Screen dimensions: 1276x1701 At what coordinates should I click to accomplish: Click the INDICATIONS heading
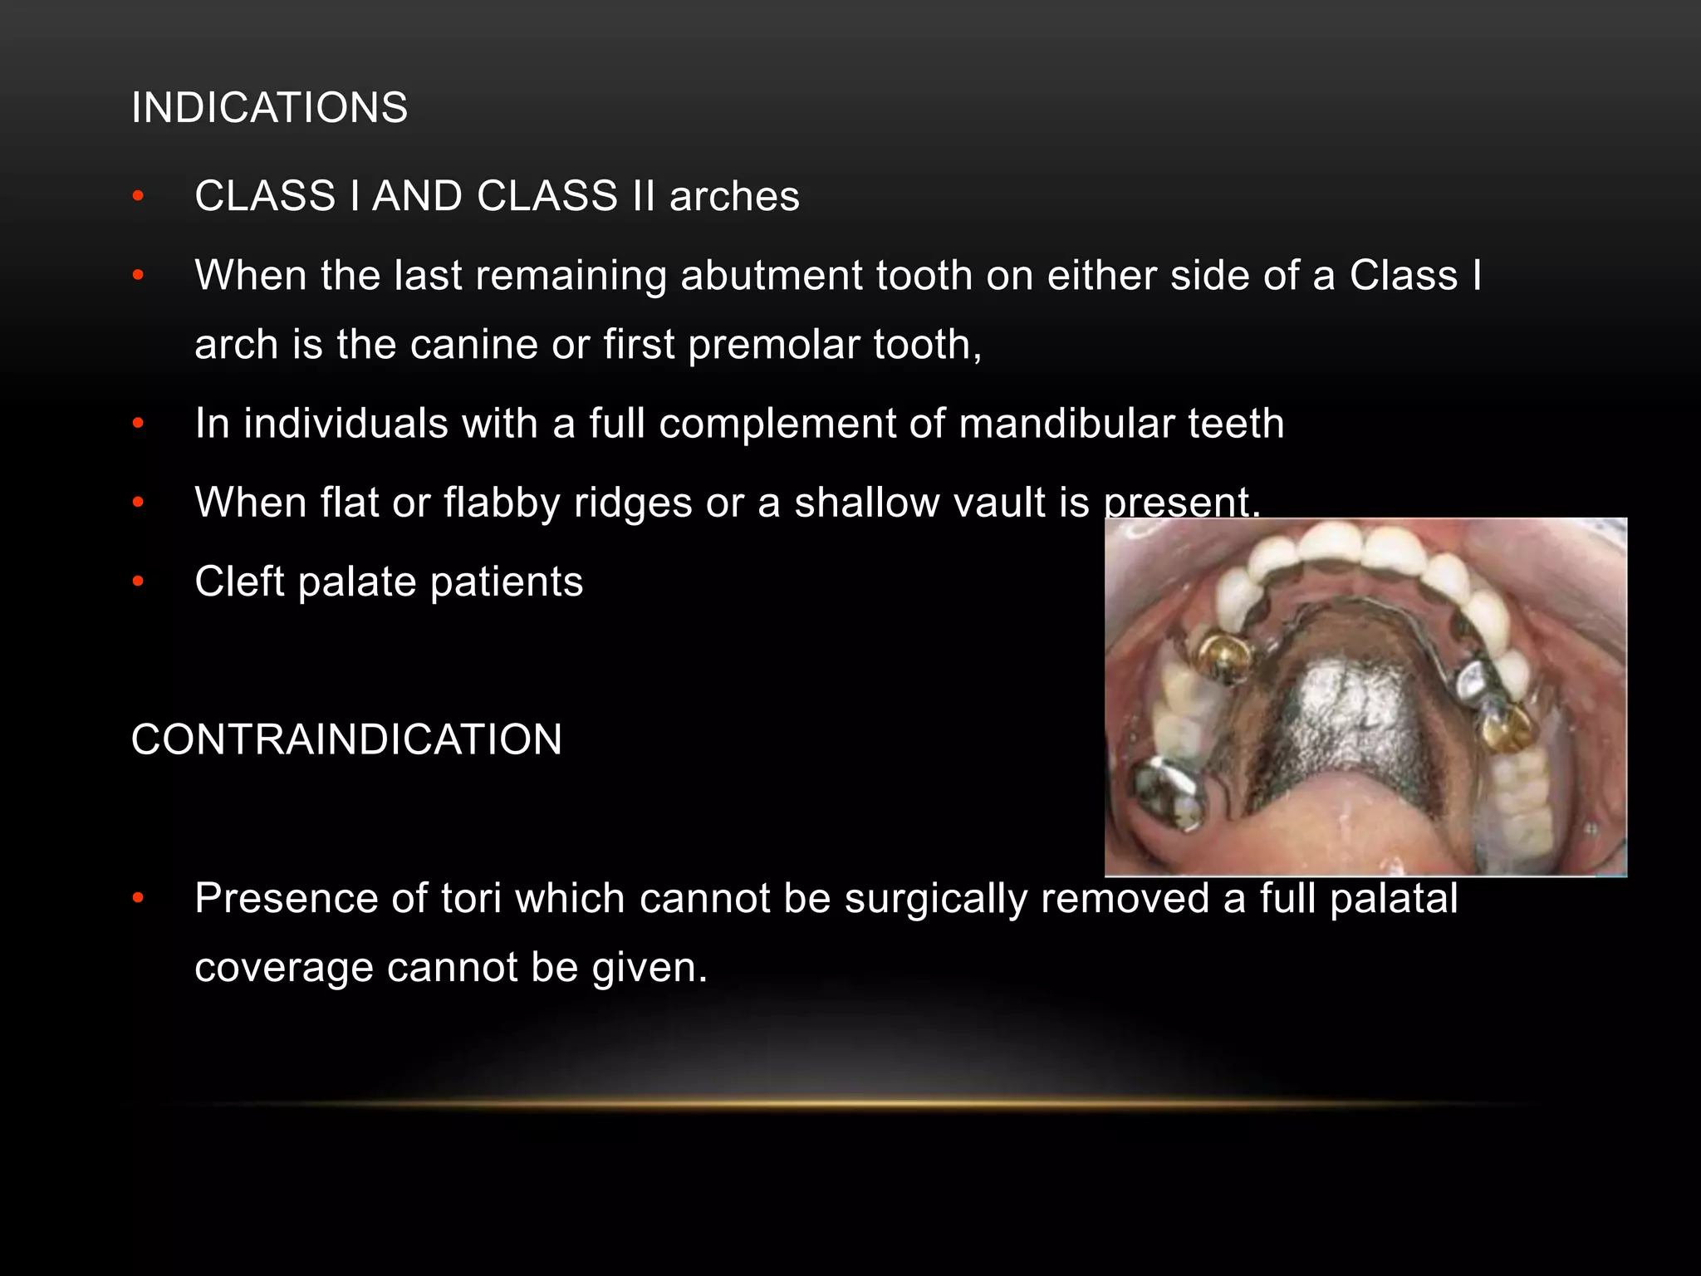[x=269, y=108]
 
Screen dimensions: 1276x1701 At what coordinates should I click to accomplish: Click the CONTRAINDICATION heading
[x=346, y=739]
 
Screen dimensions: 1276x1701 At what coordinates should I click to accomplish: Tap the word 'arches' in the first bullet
[x=734, y=197]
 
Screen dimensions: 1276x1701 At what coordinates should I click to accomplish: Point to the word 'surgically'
[x=935, y=898]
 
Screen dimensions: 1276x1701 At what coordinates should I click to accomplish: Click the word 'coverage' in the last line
[x=283, y=967]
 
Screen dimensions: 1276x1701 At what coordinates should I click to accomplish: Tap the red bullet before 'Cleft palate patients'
[x=139, y=582]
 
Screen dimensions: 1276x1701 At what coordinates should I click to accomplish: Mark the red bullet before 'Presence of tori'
[x=139, y=898]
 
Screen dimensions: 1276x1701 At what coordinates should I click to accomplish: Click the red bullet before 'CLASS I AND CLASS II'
[x=139, y=197]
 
